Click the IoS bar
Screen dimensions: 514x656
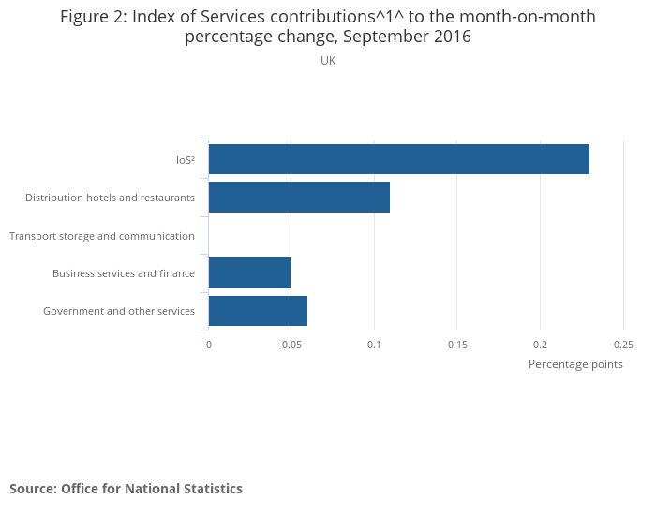[x=398, y=159]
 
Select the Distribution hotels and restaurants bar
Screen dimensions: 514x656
[x=299, y=198]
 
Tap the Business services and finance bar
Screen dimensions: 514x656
[x=249, y=272]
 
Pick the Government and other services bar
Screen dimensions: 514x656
[x=258, y=311]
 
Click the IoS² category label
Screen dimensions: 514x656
[x=185, y=160]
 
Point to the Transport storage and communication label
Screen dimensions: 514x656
[x=102, y=236]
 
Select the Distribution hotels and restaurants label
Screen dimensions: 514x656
[x=110, y=198]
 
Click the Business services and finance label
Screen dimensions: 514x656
[x=124, y=273]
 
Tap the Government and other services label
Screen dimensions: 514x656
[x=119, y=311]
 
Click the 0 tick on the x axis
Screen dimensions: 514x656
[x=209, y=345]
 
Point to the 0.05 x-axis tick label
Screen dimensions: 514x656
[x=291, y=345]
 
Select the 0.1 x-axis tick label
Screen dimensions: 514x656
[x=375, y=345]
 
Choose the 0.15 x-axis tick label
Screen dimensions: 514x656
[x=457, y=345]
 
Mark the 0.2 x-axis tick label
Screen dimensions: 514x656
[x=541, y=345]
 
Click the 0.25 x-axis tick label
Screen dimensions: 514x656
[x=623, y=345]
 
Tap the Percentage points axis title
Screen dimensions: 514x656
[x=575, y=364]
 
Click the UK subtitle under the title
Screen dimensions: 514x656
[x=328, y=61]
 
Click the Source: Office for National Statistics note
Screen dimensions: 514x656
[x=126, y=489]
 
